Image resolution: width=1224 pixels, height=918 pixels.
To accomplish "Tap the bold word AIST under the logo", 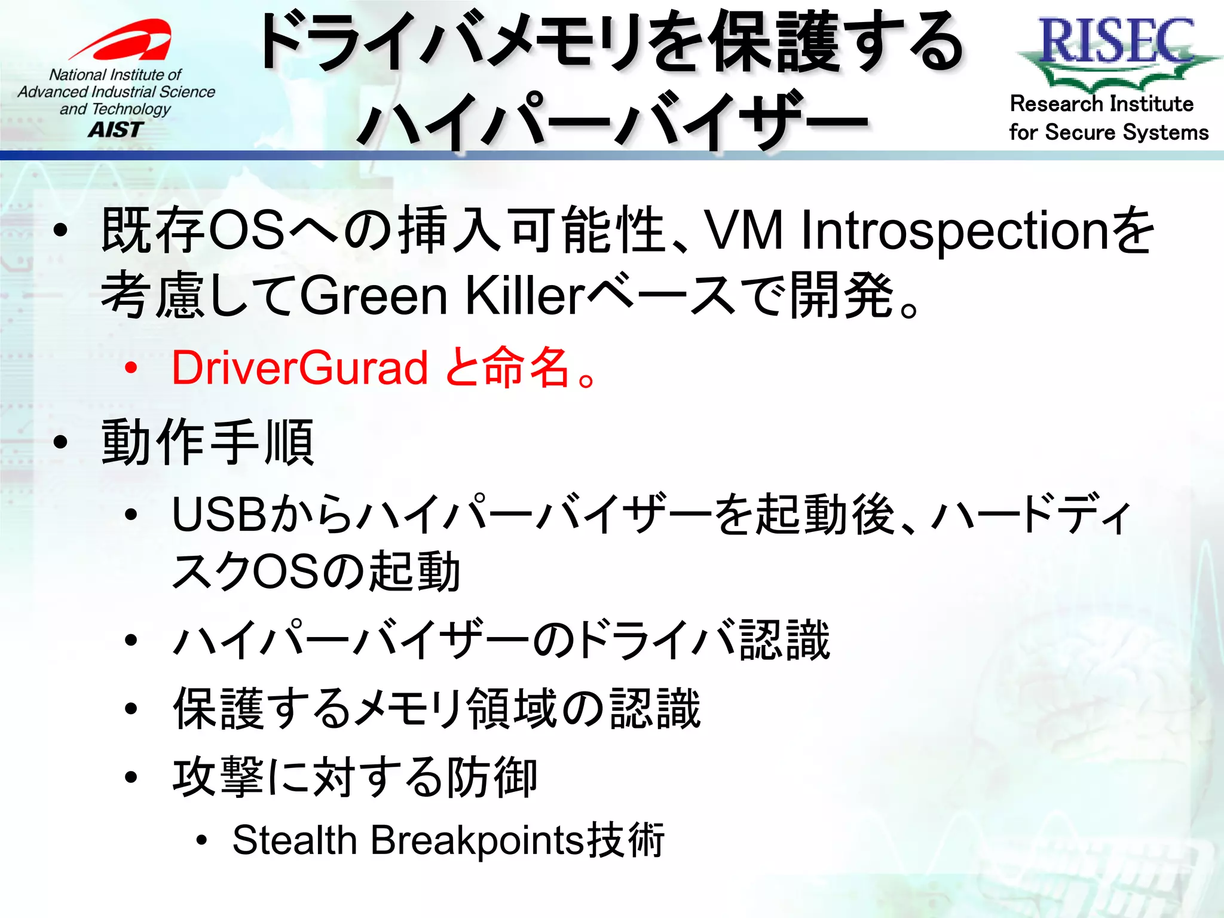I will [x=116, y=130].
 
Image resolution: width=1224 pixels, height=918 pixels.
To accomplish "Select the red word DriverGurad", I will [x=299, y=368].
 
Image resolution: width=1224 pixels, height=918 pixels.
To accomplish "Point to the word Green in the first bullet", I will [x=374, y=296].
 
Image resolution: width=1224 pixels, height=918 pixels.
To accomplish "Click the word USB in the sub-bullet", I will [x=219, y=515].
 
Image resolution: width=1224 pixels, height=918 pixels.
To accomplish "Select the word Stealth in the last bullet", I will [x=295, y=840].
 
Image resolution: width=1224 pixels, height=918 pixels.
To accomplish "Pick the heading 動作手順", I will [x=208, y=443].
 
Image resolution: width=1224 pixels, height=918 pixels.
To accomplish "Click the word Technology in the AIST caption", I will [x=131, y=109].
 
